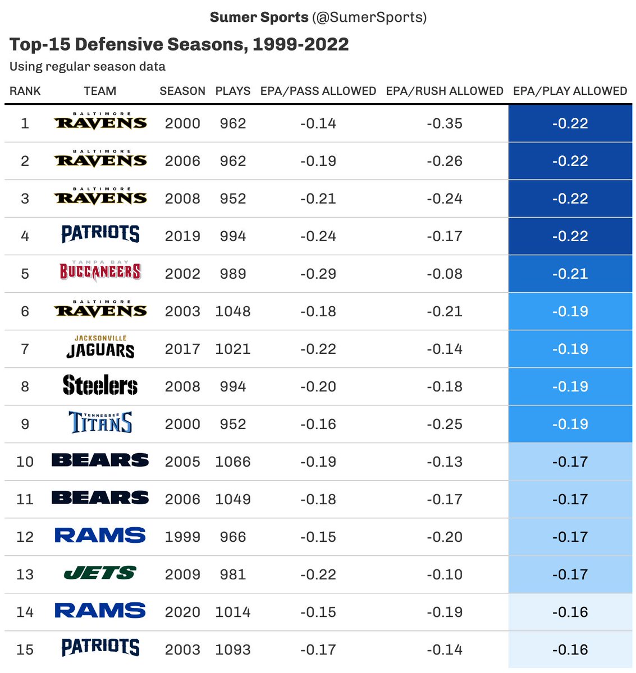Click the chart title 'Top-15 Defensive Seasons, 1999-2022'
click(179, 44)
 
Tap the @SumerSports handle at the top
click(369, 17)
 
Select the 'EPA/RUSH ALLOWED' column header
click(444, 91)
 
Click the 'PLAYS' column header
click(232, 91)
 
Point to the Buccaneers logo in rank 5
click(100, 271)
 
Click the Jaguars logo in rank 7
click(100, 348)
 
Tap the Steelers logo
click(100, 386)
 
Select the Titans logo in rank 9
click(100, 423)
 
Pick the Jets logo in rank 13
click(100, 573)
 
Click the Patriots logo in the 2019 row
click(100, 234)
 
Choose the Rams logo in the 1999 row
click(100, 536)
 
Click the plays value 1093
click(232, 649)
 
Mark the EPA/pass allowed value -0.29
click(318, 274)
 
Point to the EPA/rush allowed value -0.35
click(444, 123)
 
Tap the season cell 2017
click(182, 349)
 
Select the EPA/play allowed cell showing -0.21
click(570, 274)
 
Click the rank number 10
click(25, 462)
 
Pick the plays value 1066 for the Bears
click(232, 462)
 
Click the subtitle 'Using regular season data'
click(88, 67)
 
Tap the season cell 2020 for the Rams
click(182, 612)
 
